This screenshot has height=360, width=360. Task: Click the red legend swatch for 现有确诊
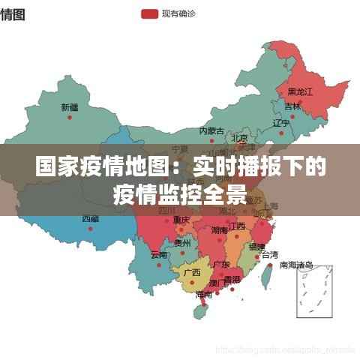tap(149, 13)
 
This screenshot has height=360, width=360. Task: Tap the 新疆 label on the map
tap(70, 106)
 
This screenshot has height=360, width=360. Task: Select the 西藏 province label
tap(90, 219)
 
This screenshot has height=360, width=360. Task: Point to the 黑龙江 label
tap(299, 91)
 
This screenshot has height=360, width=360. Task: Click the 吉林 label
tap(292, 106)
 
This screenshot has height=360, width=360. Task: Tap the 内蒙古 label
tap(211, 130)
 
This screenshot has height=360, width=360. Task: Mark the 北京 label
tap(239, 138)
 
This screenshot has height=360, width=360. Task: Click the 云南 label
tap(158, 254)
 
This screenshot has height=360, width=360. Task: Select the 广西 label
tap(191, 271)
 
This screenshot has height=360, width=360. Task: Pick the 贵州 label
tap(182, 243)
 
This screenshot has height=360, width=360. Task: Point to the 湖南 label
tap(220, 229)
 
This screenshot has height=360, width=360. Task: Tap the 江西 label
tap(238, 226)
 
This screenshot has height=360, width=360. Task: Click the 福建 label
tap(257, 246)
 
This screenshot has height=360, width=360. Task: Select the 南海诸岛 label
tap(296, 265)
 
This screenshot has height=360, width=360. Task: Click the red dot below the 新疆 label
tap(70, 117)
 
